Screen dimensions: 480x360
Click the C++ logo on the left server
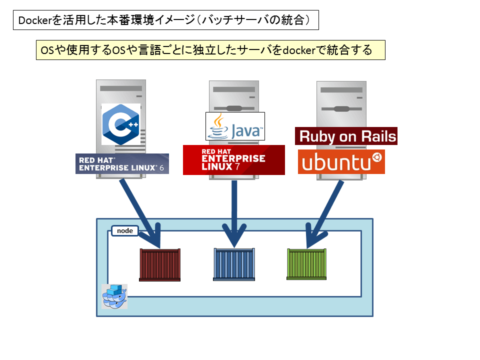pos(121,124)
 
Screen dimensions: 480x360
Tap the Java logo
pos(235,126)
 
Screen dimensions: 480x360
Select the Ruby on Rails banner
pos(346,136)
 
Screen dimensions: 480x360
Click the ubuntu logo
pos(341,161)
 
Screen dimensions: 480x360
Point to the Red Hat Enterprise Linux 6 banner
pos(122,164)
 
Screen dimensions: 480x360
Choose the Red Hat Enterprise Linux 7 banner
pos(234,160)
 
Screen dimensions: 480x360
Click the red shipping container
pos(160,265)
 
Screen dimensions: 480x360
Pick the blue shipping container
pos(234,264)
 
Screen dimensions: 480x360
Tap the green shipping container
pos(306,264)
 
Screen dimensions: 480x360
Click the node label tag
pos(125,231)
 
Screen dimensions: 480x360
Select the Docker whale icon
pos(114,296)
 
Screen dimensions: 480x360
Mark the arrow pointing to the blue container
pos(234,214)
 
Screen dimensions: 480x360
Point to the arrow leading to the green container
pos(324,214)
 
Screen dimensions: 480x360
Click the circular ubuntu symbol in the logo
pos(377,157)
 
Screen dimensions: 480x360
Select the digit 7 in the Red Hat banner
pos(237,166)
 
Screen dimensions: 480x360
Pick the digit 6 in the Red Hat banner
pos(161,168)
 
